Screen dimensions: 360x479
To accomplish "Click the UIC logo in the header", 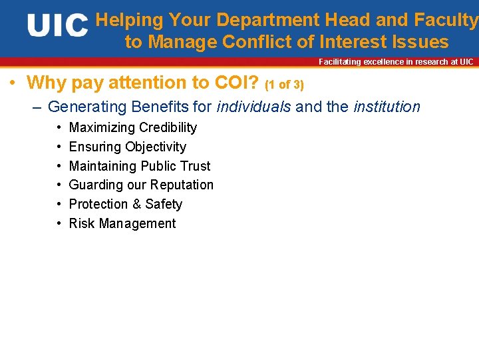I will (x=58, y=27).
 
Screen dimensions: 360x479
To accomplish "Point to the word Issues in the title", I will (x=420, y=43).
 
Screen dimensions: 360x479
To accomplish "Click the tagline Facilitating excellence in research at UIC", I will (x=396, y=62).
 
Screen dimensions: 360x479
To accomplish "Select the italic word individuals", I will (x=253, y=107).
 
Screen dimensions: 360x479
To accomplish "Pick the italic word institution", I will (x=387, y=107).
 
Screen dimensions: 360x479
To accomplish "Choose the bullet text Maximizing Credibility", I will (x=133, y=127).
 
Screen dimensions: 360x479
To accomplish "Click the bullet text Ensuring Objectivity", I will (x=128, y=147).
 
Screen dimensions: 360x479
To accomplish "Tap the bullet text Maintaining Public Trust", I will (x=140, y=166).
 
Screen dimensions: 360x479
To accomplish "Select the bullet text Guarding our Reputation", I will (x=141, y=185).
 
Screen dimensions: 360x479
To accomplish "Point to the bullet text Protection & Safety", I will (x=126, y=204).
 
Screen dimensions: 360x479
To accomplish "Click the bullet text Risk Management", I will (x=122, y=223).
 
